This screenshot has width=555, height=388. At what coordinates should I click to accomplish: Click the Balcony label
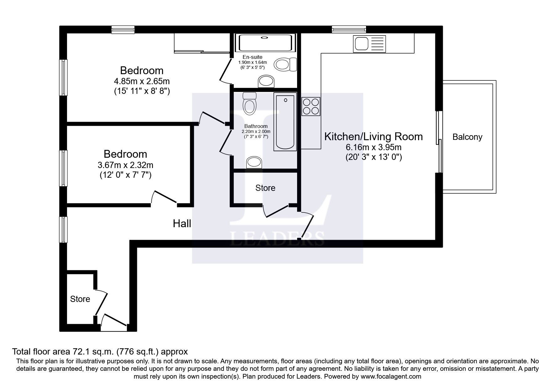[x=467, y=137]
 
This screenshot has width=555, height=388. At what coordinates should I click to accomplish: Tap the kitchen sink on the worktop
[x=370, y=44]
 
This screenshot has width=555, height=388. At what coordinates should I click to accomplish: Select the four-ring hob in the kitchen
[x=311, y=106]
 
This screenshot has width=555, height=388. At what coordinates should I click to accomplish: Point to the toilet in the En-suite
[x=285, y=65]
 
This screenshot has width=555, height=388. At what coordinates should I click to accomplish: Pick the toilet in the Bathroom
[x=250, y=103]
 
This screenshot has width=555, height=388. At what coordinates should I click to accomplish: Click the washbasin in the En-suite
[x=266, y=81]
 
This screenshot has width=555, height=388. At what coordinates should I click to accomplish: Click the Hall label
[x=182, y=223]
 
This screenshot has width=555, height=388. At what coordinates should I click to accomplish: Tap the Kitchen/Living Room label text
[x=373, y=136]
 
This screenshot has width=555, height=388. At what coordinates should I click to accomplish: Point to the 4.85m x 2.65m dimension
[x=142, y=81]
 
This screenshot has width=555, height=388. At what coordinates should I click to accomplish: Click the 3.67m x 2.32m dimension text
[x=126, y=165]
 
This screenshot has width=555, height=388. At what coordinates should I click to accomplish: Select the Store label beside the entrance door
[x=80, y=299]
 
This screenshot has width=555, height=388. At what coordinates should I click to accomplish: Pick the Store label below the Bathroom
[x=265, y=188]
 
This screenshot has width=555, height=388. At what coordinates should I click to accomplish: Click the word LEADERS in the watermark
[x=277, y=238]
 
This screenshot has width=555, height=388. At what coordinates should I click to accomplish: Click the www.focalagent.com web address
[x=390, y=376]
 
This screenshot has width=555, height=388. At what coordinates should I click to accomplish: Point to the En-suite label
[x=253, y=57]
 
